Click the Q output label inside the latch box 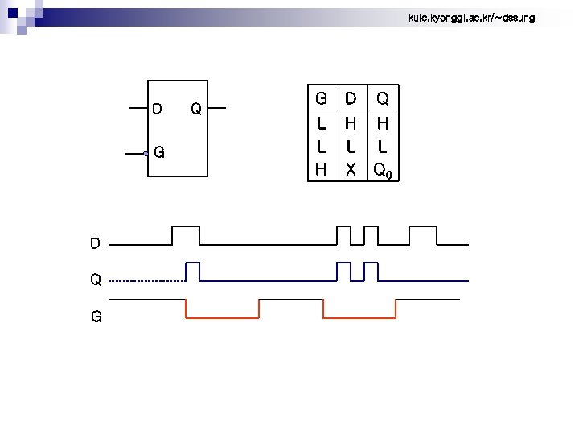(x=195, y=109)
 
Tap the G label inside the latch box (x=159, y=151)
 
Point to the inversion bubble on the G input (x=146, y=152)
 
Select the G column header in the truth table (x=321, y=99)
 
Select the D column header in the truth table (x=351, y=99)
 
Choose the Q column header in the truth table (x=383, y=99)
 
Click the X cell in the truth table (x=351, y=170)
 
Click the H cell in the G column (x=321, y=170)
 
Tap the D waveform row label (x=95, y=242)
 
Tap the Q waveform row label (x=95, y=280)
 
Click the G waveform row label (x=96, y=317)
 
